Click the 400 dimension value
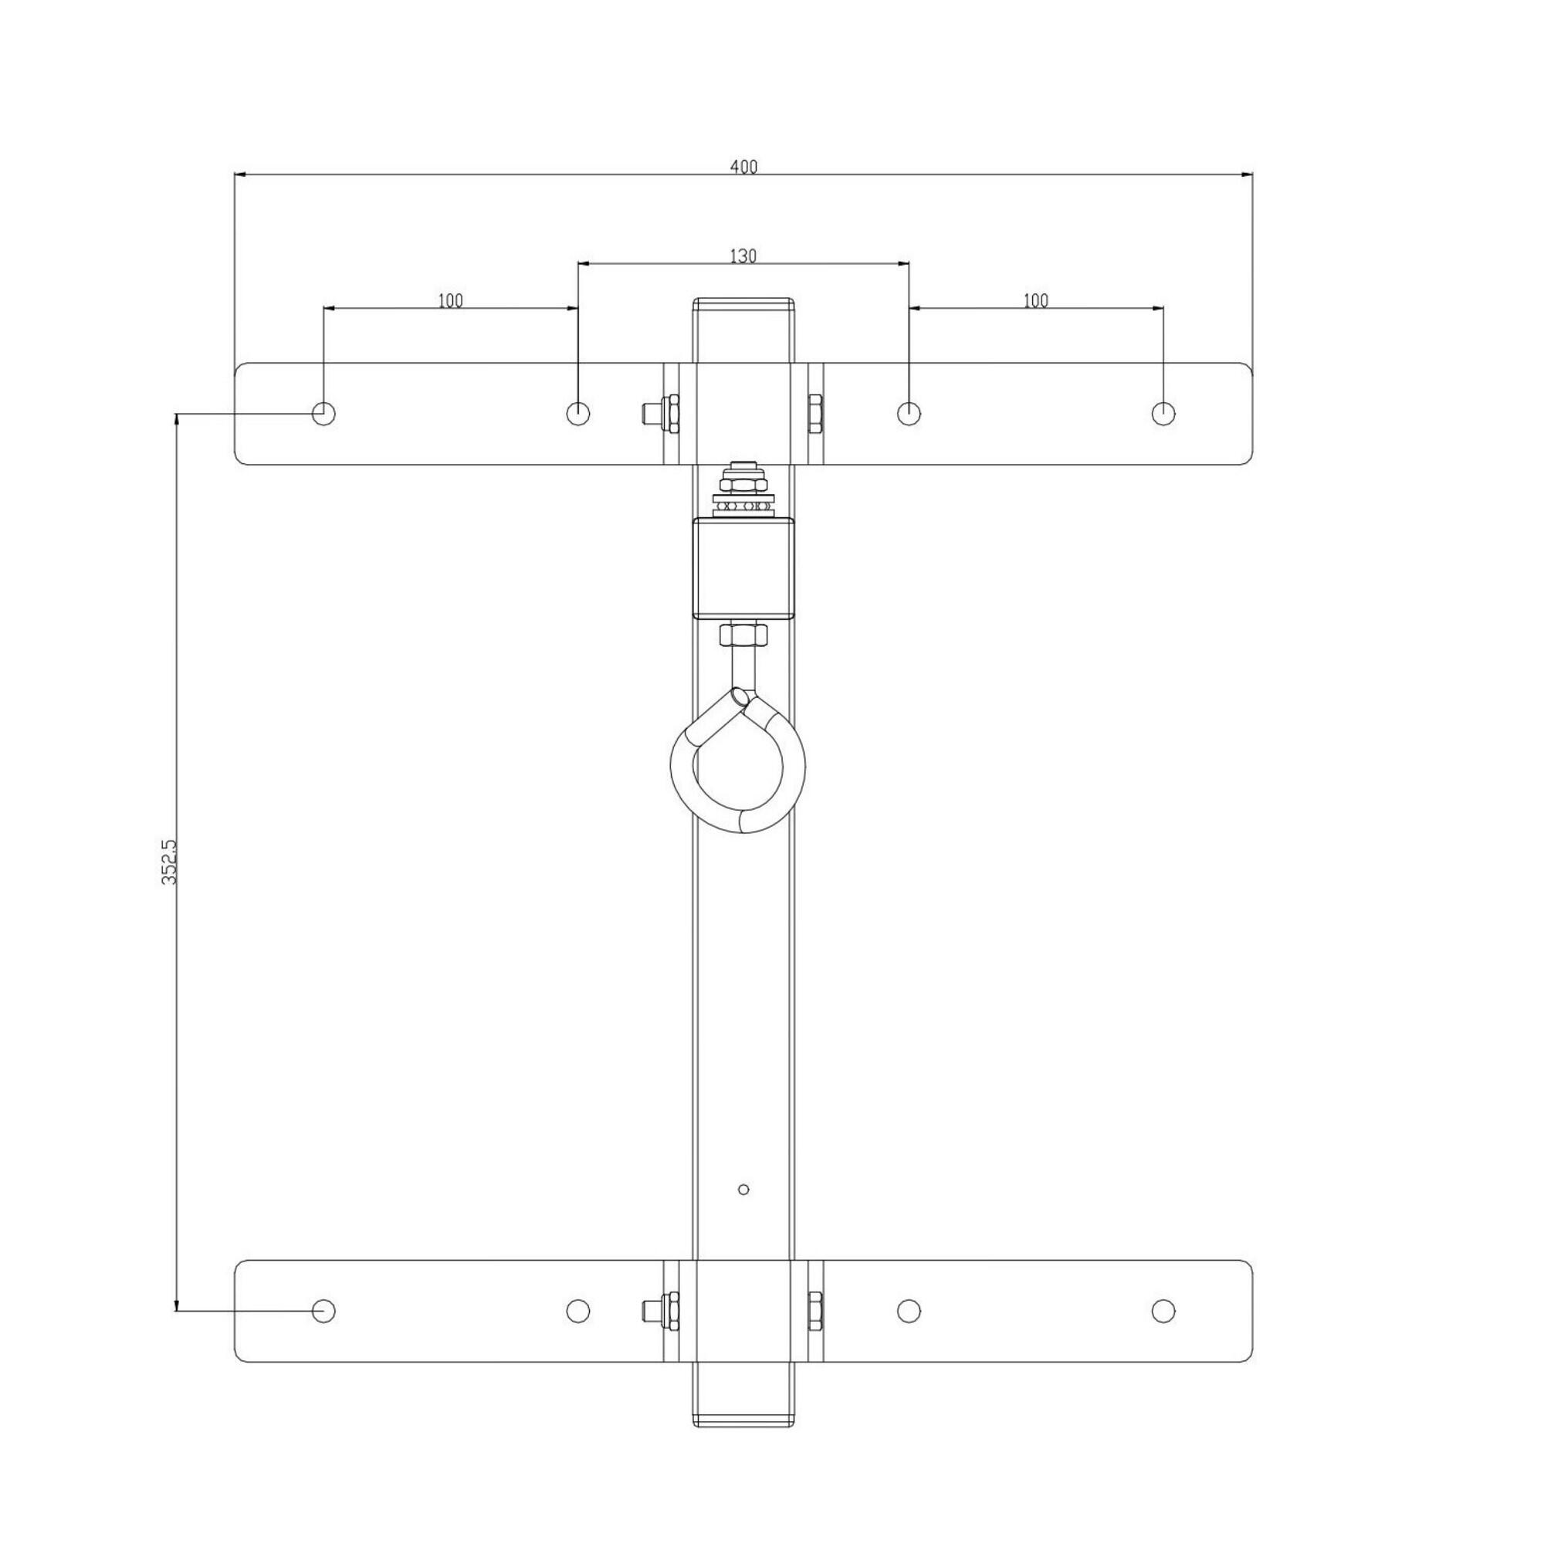743,167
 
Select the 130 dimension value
743,256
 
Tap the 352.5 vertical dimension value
168,862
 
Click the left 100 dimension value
450,300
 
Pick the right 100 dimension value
1035,300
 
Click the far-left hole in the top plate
323,413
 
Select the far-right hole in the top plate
1163,413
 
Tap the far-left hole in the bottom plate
323,1311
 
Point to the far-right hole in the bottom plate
1163,1311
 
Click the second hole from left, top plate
577,413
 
